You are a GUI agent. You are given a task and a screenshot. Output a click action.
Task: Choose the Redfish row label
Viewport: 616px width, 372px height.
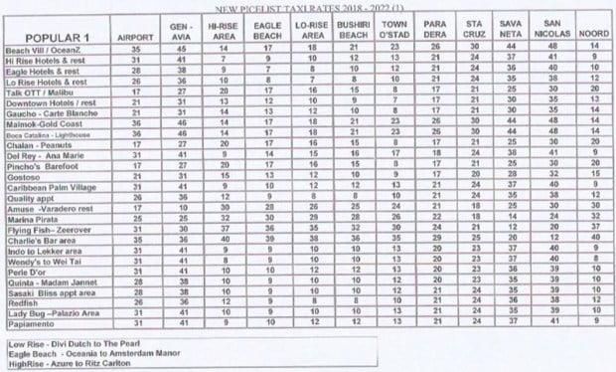click(x=24, y=299)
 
